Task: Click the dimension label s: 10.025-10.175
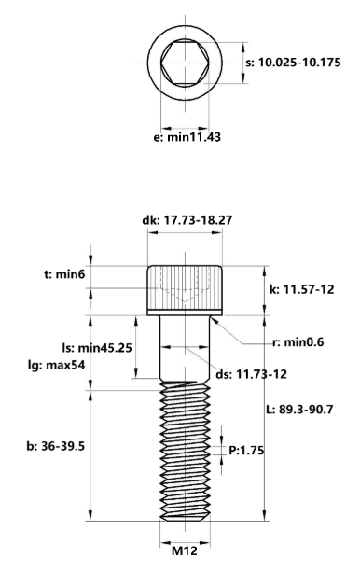tap(298, 63)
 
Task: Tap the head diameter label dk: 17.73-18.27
tap(186, 220)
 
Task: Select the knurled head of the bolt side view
tap(185, 289)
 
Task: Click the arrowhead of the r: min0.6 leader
tap(214, 317)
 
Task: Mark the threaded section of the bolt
tap(185, 448)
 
